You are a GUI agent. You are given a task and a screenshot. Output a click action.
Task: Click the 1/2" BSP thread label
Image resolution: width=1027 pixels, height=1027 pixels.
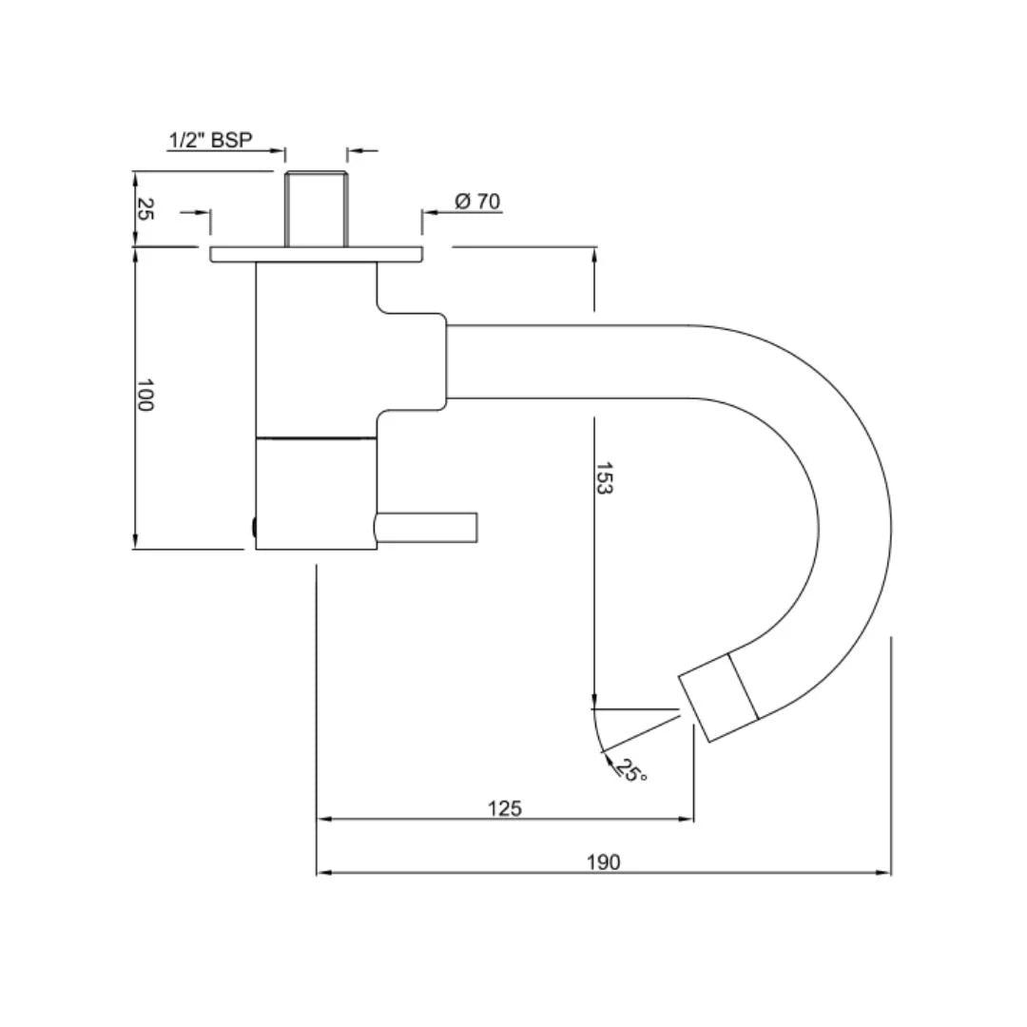tap(210, 140)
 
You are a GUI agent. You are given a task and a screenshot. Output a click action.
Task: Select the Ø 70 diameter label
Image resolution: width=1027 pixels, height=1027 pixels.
tap(477, 201)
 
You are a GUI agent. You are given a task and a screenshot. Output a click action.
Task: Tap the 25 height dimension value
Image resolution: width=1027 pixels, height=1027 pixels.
tap(145, 209)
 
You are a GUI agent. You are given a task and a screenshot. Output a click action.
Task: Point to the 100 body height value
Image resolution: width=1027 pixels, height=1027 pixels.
tap(145, 395)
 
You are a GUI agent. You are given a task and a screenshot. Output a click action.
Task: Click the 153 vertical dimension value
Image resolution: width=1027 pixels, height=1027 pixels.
tap(604, 478)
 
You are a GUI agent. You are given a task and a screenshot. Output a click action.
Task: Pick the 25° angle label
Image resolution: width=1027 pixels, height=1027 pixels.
tap(631, 770)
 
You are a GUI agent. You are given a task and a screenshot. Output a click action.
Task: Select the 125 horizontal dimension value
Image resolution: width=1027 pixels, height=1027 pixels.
tap(504, 808)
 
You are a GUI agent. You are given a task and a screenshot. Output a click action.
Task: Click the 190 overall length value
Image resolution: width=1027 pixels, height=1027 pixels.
tap(603, 862)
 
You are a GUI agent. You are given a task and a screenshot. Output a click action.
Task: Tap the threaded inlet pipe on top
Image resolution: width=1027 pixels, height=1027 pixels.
tap(316, 209)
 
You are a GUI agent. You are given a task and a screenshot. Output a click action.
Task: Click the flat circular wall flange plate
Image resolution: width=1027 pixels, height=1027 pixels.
tap(316, 255)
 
